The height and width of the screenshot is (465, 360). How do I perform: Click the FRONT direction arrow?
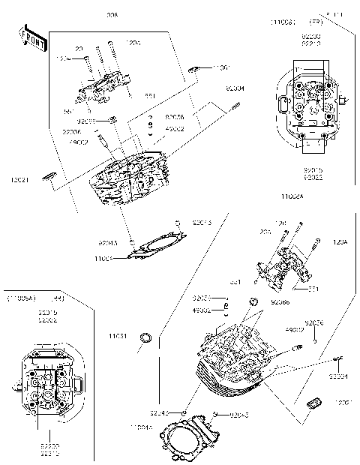point(31,38)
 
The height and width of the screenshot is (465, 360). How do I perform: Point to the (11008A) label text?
point(23,298)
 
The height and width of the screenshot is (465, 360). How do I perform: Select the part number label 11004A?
point(140,427)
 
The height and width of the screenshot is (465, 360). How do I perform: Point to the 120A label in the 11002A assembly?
point(340,242)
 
